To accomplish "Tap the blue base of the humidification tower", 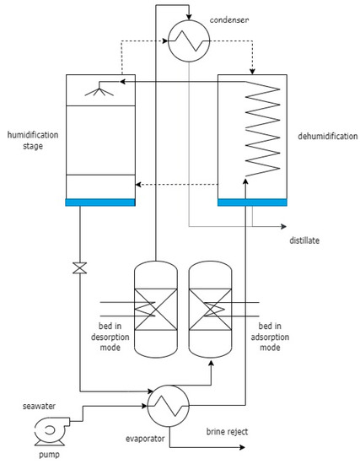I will (x=99, y=201).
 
